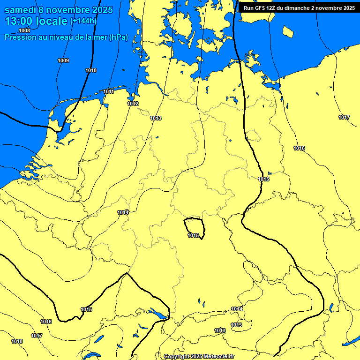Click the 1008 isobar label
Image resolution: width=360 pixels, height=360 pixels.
coord(24,30)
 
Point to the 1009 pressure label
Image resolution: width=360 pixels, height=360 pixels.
coord(63,60)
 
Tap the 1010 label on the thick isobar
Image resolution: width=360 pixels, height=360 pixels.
coord(91,70)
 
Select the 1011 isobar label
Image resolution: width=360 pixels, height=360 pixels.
coord(108,91)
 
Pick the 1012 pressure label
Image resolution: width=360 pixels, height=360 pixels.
coord(133,104)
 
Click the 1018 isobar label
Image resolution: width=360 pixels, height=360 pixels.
coord(17,341)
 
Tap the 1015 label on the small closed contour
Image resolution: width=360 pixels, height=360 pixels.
coord(193,235)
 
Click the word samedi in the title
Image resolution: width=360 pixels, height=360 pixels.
coord(22,10)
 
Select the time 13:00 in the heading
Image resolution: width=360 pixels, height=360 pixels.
coord(21,21)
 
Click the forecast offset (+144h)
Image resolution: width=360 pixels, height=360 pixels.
coord(83,21)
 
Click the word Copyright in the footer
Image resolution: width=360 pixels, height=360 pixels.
coord(176,356)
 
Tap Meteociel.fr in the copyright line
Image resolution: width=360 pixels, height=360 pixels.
coord(219,356)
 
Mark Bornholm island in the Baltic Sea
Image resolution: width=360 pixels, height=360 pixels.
coord(288,31)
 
